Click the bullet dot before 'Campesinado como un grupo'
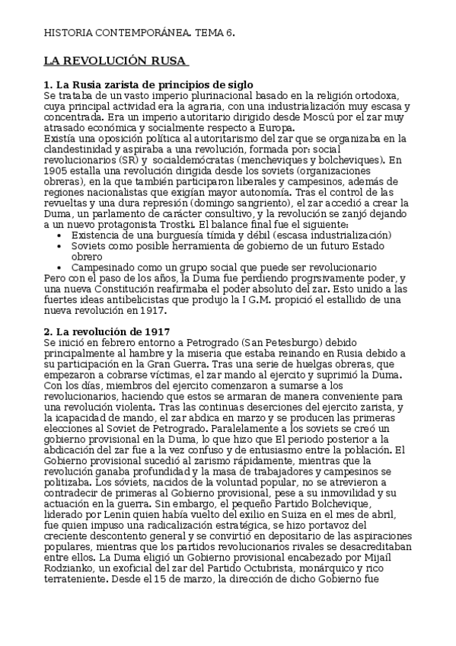(60, 267)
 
